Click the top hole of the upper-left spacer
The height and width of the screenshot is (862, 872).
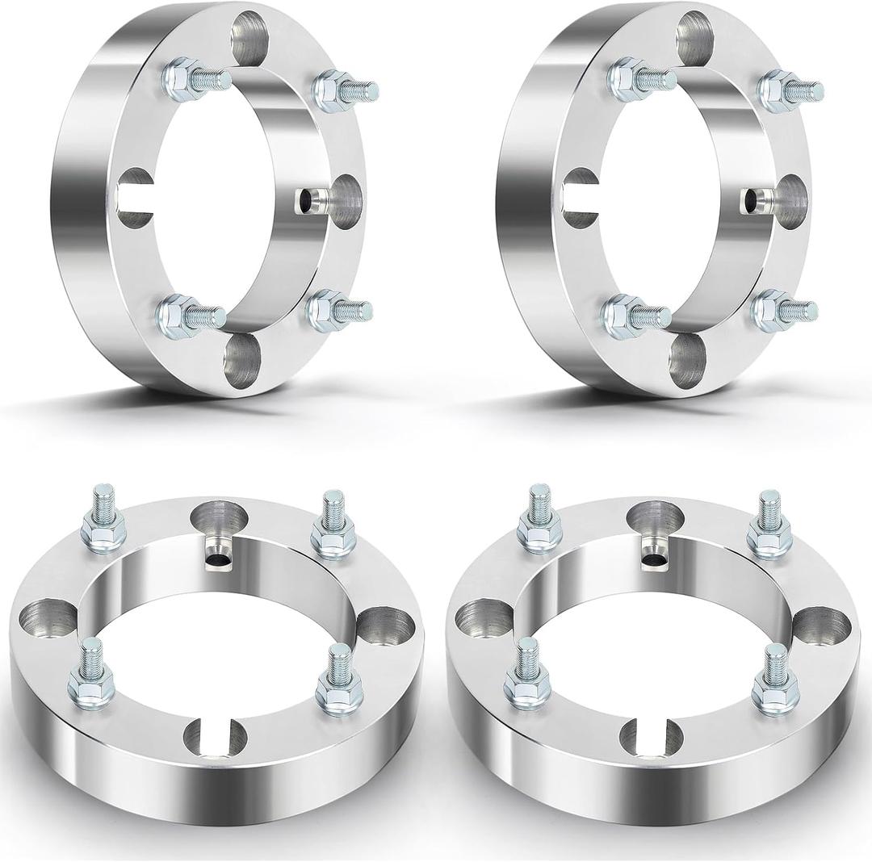[x=249, y=37]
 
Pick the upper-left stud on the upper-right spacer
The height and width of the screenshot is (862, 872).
[x=639, y=77]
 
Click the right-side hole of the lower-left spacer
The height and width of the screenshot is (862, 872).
[x=379, y=626]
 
